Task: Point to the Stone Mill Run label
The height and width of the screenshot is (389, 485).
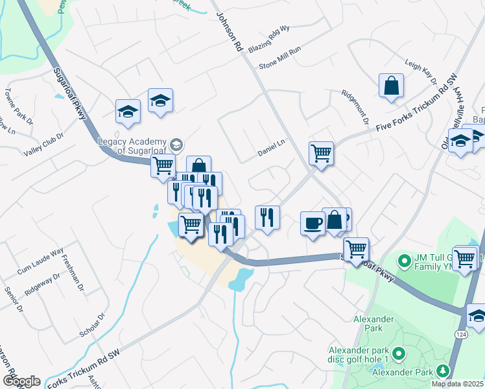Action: tap(280, 58)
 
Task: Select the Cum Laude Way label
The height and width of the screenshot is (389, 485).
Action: tap(40, 259)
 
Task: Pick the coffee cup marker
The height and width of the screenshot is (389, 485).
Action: tap(313, 222)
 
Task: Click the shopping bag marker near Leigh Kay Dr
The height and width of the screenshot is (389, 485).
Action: tap(391, 86)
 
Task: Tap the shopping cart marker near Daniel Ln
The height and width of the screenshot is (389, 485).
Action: tap(320, 154)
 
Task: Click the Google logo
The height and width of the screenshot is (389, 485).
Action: tap(21, 381)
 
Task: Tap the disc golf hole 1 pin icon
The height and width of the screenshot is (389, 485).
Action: tap(398, 354)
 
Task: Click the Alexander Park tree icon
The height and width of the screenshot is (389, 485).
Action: tap(444, 371)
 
